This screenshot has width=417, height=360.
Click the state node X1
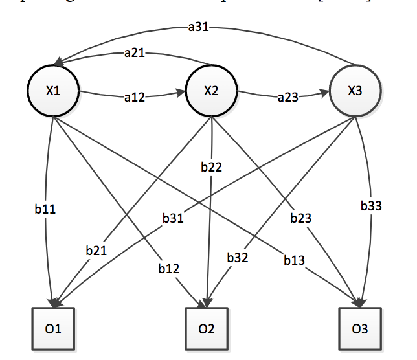(x=52, y=91)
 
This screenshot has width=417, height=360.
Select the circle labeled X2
(x=210, y=91)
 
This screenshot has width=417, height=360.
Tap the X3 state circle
(x=354, y=91)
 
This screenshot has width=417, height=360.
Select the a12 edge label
(x=134, y=97)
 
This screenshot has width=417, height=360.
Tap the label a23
(x=288, y=97)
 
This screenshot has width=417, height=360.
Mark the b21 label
(x=96, y=250)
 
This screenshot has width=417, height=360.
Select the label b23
(x=300, y=219)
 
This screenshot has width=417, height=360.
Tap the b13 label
(x=295, y=260)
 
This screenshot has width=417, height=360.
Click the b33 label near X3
(x=371, y=207)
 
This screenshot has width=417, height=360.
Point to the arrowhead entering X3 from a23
(x=324, y=94)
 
